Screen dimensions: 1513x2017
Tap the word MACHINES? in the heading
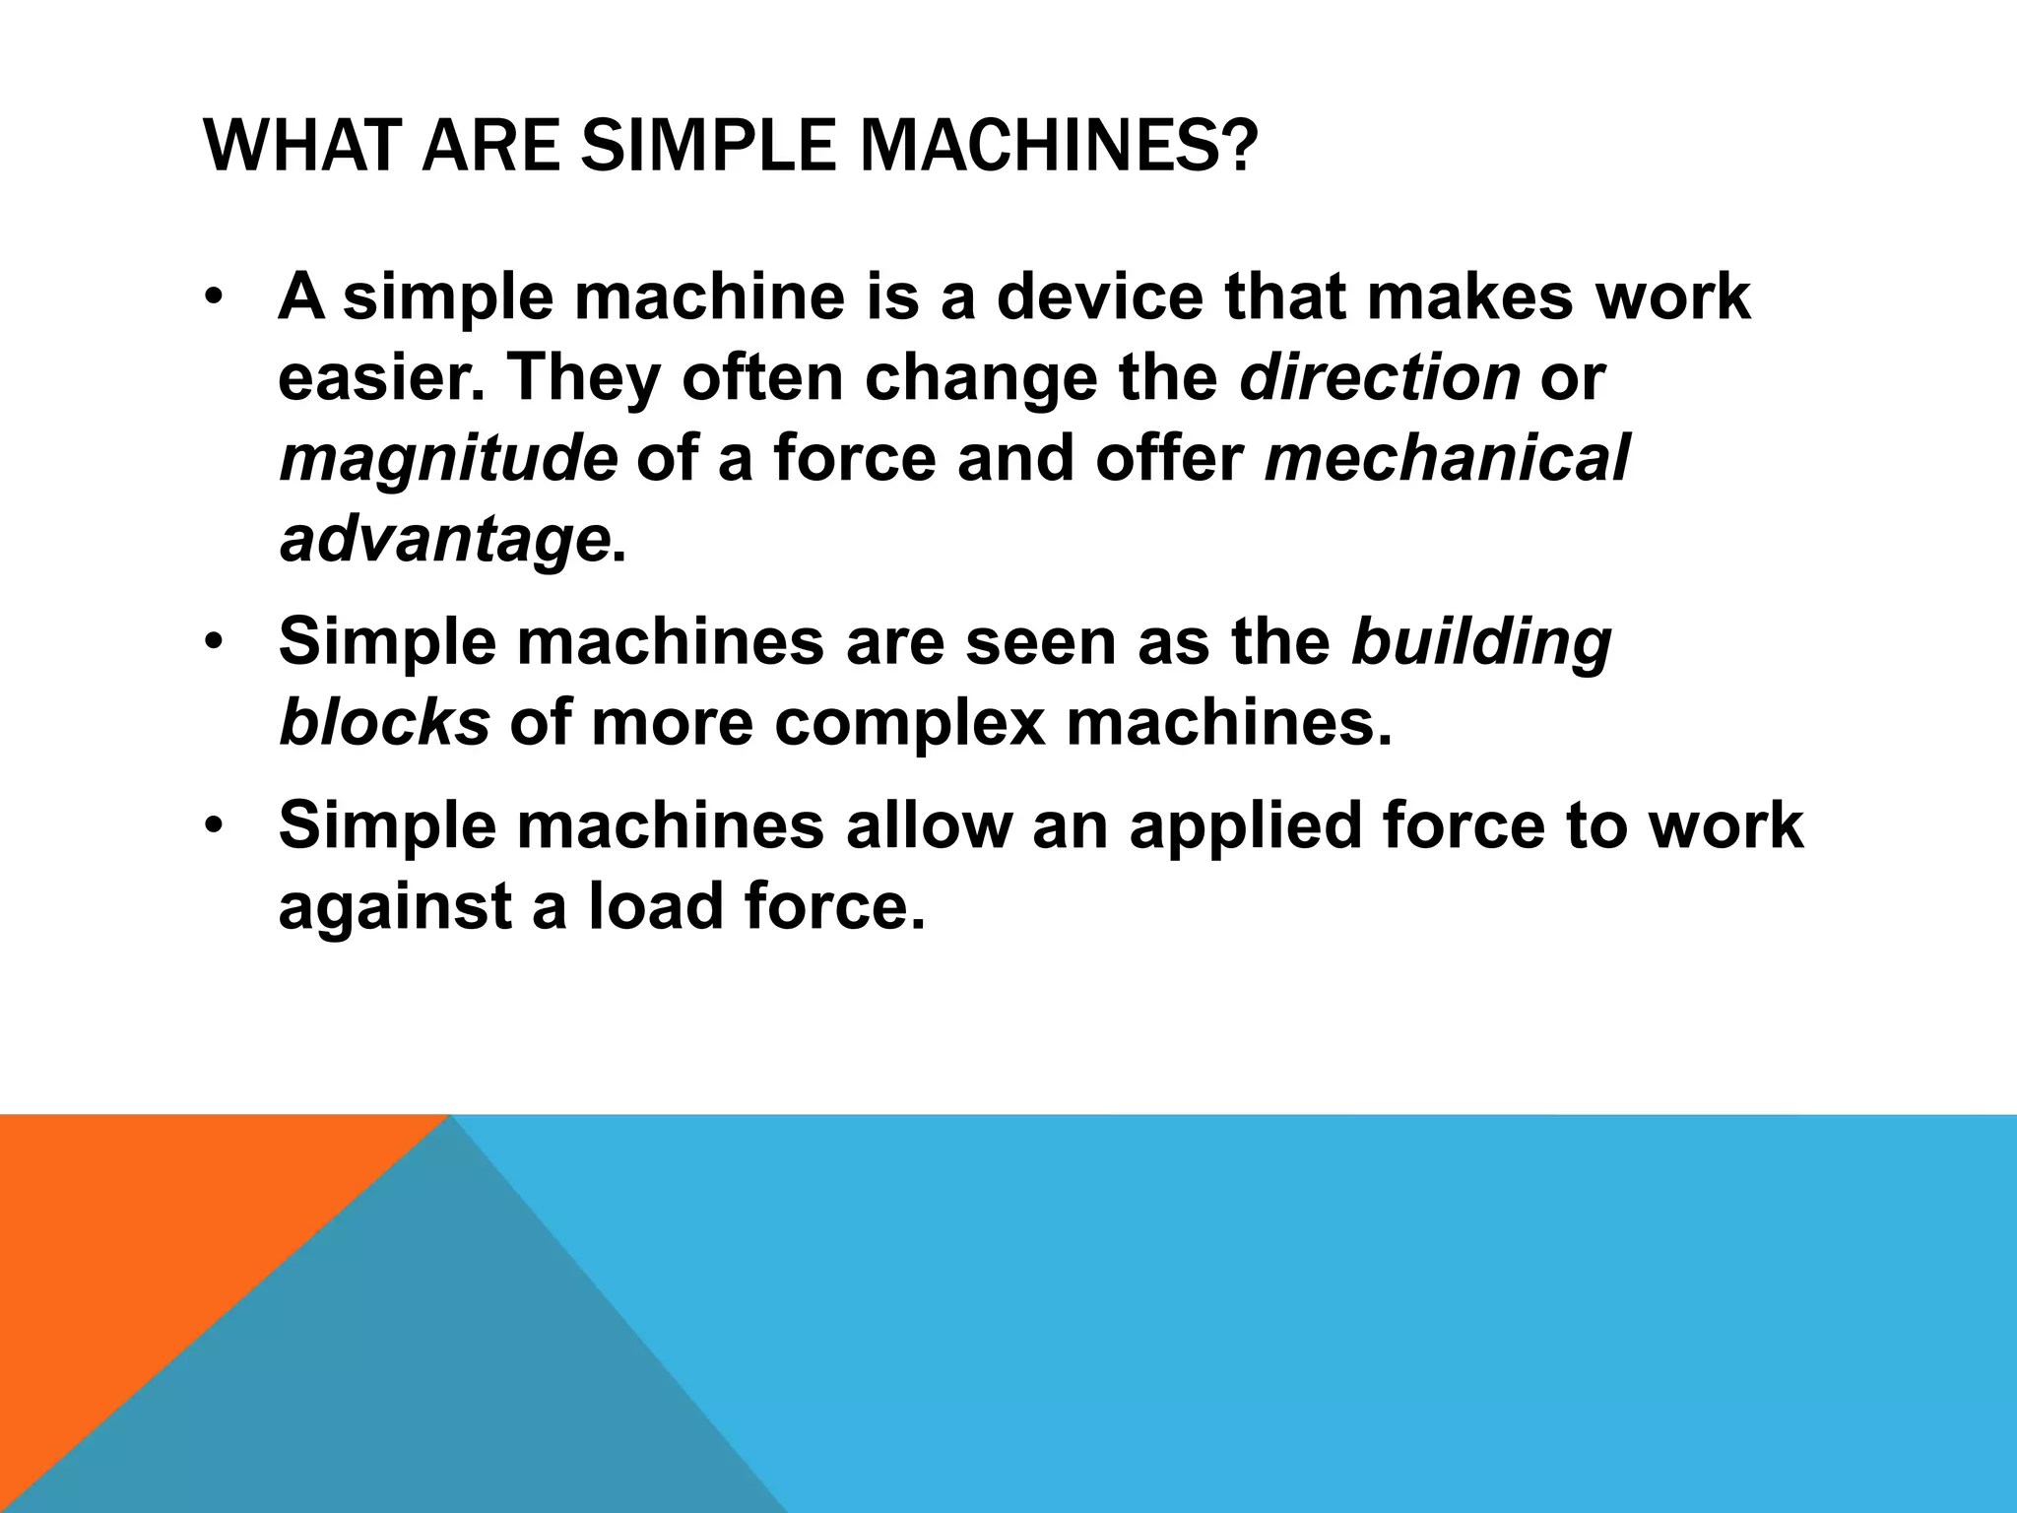click(x=1058, y=144)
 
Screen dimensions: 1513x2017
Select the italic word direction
click(x=1380, y=377)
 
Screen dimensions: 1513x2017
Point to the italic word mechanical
click(x=1447, y=458)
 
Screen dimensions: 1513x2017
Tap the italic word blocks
click(x=384, y=722)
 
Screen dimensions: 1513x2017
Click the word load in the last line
click(x=656, y=905)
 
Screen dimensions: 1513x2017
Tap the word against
click(x=395, y=907)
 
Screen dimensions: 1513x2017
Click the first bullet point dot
click(x=215, y=298)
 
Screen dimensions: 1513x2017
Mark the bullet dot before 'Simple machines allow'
click(x=215, y=825)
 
